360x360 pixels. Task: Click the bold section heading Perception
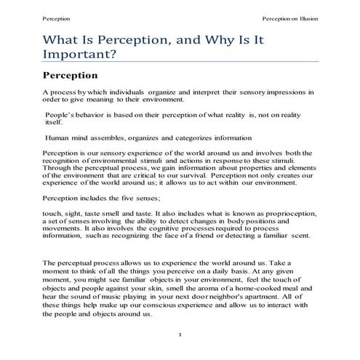71,75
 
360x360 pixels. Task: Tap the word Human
59,137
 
